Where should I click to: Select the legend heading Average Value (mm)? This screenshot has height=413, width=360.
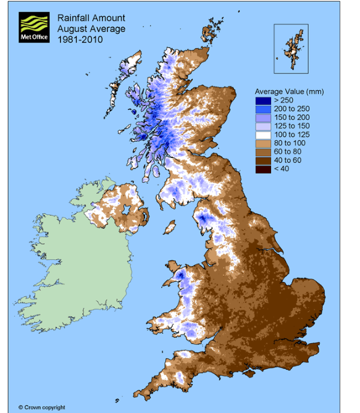[290, 91]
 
